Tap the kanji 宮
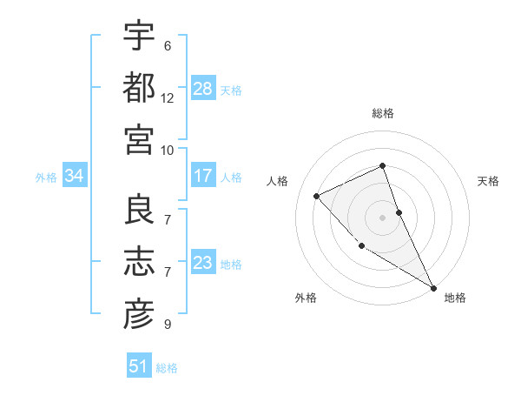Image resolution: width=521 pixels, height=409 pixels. click(x=139, y=139)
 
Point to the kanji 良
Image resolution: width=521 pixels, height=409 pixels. click(x=139, y=210)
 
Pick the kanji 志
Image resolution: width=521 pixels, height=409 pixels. click(x=139, y=262)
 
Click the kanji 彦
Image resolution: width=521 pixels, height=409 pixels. click(x=139, y=314)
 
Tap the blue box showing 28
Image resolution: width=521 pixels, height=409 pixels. click(x=203, y=89)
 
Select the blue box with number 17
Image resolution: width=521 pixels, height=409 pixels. click(x=203, y=176)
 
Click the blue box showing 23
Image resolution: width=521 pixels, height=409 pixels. click(x=203, y=263)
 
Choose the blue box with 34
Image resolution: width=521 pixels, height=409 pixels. click(x=75, y=177)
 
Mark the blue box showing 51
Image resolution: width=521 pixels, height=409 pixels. click(x=139, y=366)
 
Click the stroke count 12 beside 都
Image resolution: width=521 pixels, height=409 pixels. click(x=168, y=97)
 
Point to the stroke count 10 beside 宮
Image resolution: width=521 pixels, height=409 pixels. click(x=168, y=150)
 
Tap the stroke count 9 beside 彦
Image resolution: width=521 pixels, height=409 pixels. click(x=168, y=325)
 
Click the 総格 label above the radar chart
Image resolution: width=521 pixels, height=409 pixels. click(x=383, y=113)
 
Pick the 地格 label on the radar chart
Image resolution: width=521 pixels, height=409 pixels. click(x=455, y=298)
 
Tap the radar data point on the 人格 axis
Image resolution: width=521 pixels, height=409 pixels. click(x=317, y=196)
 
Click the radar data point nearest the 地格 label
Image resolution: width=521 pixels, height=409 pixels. click(x=432, y=287)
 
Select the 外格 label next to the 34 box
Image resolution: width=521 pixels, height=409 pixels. click(x=46, y=178)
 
